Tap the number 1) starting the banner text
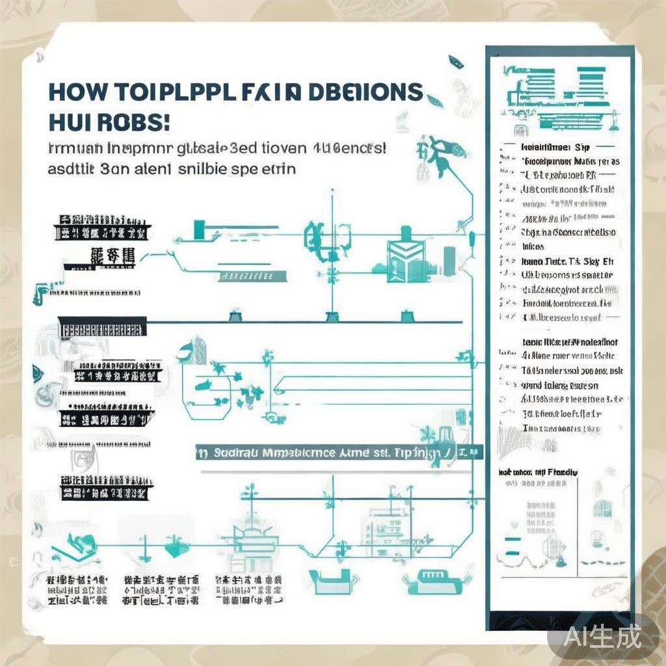[202, 453]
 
